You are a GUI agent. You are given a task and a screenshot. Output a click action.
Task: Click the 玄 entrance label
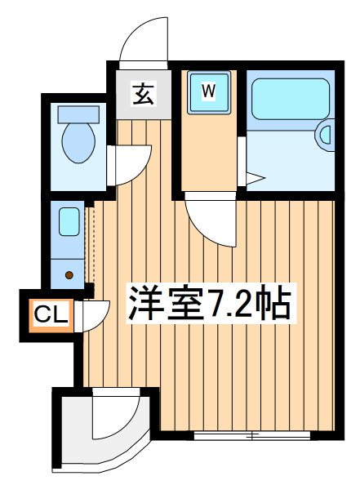point(143,94)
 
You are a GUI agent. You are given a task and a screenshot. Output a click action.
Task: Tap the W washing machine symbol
point(209,92)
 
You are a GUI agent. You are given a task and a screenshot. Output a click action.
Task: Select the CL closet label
point(51,315)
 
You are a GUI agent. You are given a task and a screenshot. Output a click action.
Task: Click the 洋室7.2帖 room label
point(210,304)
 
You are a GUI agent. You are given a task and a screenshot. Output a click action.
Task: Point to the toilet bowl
point(78,143)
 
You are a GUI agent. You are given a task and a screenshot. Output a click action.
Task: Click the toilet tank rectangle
point(78,114)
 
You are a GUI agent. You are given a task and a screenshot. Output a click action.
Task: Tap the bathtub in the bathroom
point(291,99)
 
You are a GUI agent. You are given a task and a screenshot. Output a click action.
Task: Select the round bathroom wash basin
point(325,136)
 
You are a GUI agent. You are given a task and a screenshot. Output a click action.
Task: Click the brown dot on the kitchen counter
point(69,274)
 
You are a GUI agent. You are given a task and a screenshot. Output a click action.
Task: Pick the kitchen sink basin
point(69,221)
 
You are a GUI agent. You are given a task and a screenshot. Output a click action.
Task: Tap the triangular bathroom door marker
point(256,179)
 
